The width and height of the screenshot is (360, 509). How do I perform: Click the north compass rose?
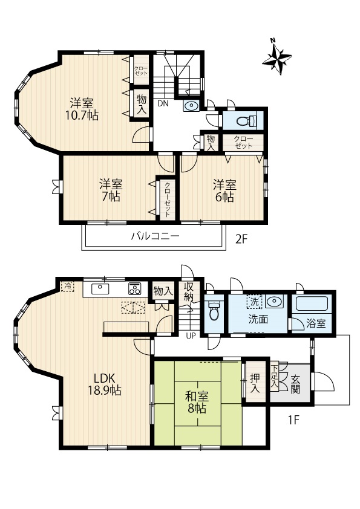[x=277, y=58]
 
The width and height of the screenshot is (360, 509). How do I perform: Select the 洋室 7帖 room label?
[x=111, y=190]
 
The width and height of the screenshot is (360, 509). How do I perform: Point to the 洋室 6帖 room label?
[x=224, y=191]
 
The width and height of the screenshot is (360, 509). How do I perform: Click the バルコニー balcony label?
[x=155, y=236]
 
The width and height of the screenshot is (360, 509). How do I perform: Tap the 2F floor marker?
[x=241, y=239]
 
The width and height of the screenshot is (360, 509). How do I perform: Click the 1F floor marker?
[x=293, y=420]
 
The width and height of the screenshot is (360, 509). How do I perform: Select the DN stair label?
[x=163, y=103]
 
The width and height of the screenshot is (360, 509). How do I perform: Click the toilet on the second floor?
[x=246, y=121]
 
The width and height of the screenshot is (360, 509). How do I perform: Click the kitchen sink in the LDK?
[x=100, y=288]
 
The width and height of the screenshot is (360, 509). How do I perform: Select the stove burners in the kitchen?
[x=134, y=288]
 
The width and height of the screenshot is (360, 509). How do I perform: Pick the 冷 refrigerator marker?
[x=68, y=287]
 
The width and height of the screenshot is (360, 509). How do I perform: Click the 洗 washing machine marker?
[x=254, y=302]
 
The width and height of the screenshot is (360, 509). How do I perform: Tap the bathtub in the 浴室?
[x=312, y=304]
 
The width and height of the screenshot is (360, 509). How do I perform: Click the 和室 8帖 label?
[x=197, y=402]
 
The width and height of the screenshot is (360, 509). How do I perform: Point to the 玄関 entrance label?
[x=295, y=384]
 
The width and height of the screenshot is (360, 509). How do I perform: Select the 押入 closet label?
[x=255, y=383]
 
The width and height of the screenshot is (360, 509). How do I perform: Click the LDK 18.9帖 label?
[x=105, y=384]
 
